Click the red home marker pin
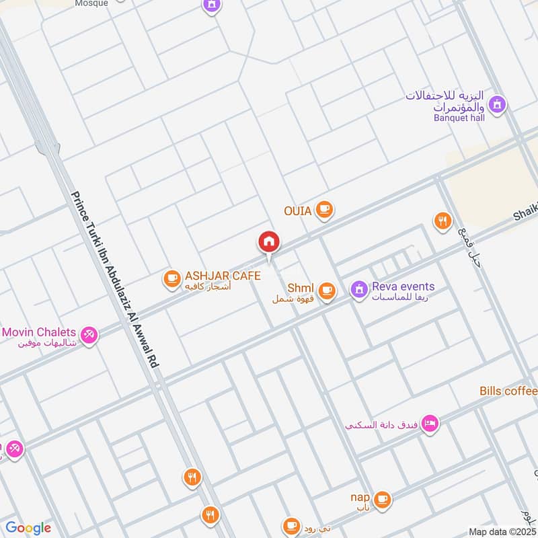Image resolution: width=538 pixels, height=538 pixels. tap(269, 243)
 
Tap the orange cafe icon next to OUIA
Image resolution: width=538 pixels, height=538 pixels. tap(325, 210)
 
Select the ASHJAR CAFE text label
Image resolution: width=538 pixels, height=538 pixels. tap(223, 276)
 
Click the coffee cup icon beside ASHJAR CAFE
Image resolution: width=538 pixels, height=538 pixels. tap(172, 277)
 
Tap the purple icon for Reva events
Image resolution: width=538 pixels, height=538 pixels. tap(359, 289)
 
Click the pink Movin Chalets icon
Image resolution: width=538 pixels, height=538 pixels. tap(88, 334)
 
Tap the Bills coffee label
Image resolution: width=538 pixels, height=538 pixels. tap(508, 391)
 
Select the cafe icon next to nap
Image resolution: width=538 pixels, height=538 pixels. tap(382, 498)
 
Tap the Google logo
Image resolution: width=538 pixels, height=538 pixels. tap(28, 528)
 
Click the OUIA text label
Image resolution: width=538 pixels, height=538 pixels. tap(297, 211)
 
